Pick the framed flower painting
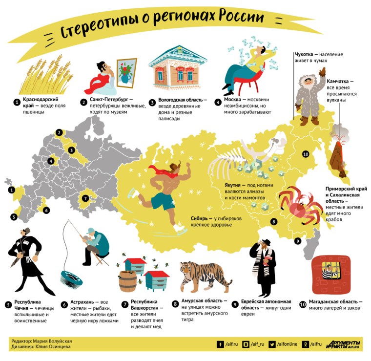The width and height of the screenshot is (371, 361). click(126, 73)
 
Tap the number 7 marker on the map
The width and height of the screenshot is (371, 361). click(85, 198)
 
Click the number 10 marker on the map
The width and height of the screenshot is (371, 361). click(306, 154)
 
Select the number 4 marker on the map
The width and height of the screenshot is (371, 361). click(51, 161)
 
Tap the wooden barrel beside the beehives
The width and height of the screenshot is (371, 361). click(128, 280)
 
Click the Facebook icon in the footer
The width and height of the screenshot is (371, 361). click(220, 344)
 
